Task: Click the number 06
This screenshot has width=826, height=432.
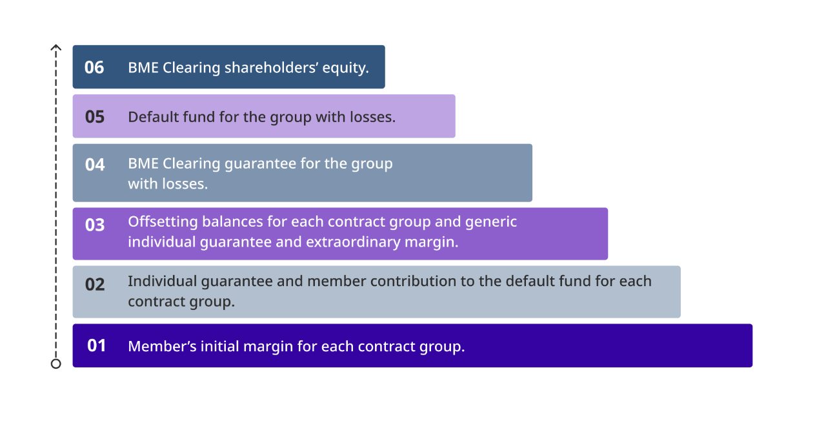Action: [x=94, y=68]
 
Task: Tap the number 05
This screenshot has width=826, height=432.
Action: [x=95, y=117]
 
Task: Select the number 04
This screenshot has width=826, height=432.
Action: [x=95, y=165]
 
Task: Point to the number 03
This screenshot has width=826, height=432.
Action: [x=95, y=225]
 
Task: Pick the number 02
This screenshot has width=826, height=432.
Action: [x=95, y=284]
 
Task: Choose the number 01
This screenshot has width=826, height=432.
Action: [x=96, y=345]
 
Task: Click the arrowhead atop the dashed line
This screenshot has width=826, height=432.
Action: [x=56, y=47]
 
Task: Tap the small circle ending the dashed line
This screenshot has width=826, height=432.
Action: [x=56, y=364]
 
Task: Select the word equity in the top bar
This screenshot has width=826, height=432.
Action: [x=345, y=68]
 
